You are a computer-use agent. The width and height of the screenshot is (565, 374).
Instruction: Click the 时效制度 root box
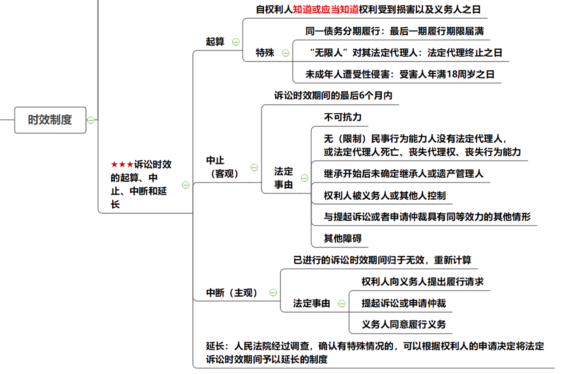50,120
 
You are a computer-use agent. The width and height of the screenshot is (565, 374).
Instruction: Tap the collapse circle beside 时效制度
91,120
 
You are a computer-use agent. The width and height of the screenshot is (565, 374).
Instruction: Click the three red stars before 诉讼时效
122,165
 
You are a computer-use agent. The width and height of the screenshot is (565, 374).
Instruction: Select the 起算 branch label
215,41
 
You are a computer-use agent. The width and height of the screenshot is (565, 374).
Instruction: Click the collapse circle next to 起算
236,42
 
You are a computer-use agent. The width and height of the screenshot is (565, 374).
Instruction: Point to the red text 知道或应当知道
325,10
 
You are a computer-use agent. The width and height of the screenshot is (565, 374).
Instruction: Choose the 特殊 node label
265,52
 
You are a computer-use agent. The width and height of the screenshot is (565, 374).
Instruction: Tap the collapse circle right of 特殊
286,53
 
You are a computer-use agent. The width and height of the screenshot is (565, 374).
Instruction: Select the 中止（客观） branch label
222,167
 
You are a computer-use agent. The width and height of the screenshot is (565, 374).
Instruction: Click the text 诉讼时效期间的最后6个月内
333,95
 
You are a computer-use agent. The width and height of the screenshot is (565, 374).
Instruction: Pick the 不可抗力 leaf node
342,117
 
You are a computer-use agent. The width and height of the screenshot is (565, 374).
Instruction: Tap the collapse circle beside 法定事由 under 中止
304,178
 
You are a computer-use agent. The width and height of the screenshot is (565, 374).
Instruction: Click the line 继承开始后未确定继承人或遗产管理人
403,174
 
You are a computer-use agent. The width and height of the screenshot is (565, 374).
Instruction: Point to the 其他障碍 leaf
342,238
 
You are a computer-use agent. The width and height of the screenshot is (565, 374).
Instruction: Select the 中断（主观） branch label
231,293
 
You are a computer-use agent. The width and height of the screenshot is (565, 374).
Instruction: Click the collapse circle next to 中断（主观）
273,293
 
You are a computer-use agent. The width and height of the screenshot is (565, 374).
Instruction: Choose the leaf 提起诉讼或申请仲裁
403,303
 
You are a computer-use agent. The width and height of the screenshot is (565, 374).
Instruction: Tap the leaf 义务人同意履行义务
403,325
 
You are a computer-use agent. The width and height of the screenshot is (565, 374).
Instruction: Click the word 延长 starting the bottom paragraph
215,346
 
